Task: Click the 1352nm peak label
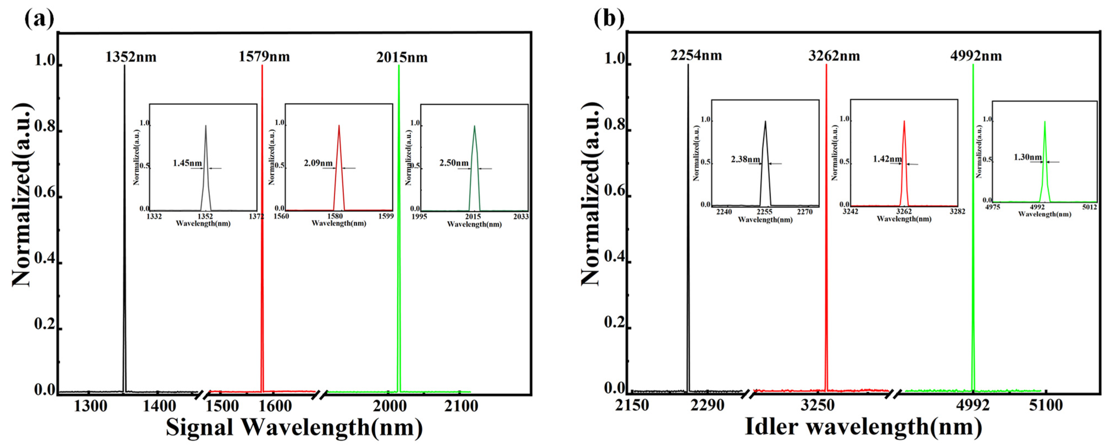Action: point(131,57)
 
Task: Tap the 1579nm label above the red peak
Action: point(264,57)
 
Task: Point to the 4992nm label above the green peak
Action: point(976,56)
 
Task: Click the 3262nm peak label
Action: point(834,56)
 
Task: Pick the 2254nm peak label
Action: point(696,55)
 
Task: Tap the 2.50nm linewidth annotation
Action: point(454,163)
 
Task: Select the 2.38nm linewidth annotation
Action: point(745,159)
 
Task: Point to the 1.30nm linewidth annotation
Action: point(1028,157)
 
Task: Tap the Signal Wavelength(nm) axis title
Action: point(294,428)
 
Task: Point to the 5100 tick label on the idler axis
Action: point(1046,405)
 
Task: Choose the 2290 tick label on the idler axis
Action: point(707,405)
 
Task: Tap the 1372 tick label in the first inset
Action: point(256,216)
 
